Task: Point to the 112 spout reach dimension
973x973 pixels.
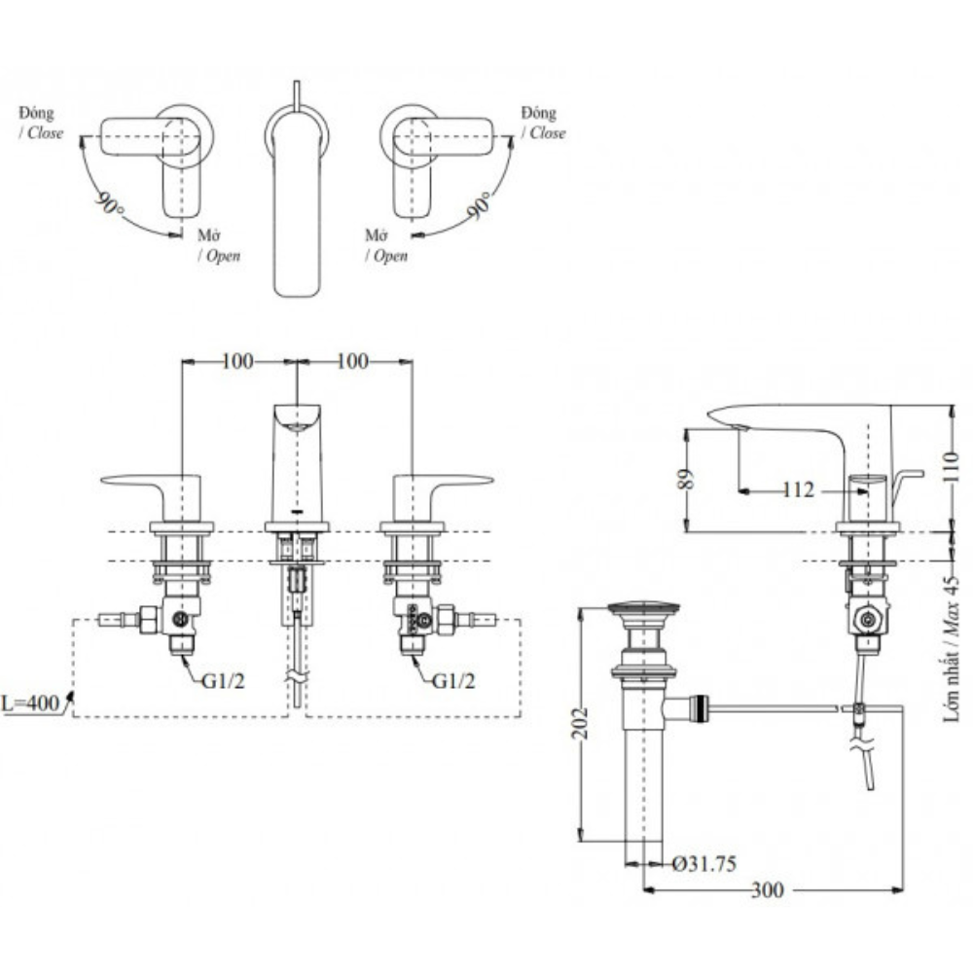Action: [x=798, y=490]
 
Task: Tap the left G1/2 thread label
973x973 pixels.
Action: [x=223, y=680]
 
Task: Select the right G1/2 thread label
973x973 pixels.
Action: [x=454, y=680]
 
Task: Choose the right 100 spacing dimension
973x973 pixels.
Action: [x=353, y=362]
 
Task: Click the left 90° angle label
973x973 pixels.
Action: [x=110, y=204]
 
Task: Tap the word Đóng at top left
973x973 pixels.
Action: [x=36, y=114]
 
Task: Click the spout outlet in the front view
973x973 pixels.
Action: [x=298, y=418]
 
